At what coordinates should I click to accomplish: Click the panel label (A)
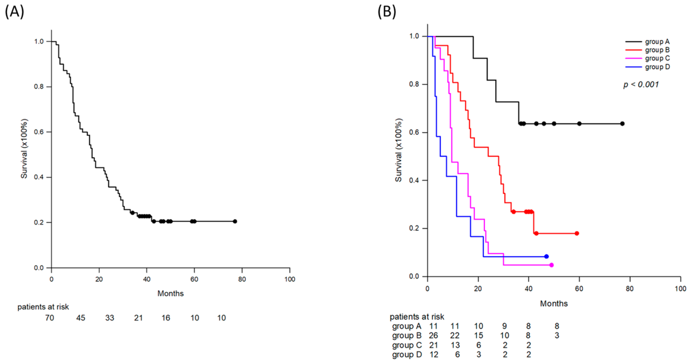[x=14, y=12]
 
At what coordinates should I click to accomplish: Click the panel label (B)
[x=387, y=12]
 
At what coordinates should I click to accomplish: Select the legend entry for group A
[x=647, y=42]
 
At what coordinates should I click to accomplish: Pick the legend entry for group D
[x=647, y=67]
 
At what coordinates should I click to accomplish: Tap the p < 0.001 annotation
[x=641, y=84]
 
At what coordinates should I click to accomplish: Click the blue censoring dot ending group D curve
[x=546, y=256]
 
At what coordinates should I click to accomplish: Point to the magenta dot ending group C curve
[x=551, y=265]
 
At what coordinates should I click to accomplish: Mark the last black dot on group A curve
[x=622, y=124]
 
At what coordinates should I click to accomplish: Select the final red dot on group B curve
[x=577, y=233]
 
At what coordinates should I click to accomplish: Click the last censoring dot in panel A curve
[x=235, y=221]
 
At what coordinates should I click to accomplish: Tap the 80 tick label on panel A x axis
[x=242, y=279]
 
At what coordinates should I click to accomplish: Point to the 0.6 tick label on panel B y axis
[x=414, y=133]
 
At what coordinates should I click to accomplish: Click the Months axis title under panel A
[x=170, y=293]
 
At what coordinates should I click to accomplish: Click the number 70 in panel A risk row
[x=49, y=318]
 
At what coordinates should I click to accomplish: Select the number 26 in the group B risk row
[x=433, y=336]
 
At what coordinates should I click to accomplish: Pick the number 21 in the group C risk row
[x=433, y=345]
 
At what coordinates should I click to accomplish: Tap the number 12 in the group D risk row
[x=434, y=355]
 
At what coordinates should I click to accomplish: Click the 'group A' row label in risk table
[x=407, y=326]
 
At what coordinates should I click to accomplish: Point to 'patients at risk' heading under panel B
[x=417, y=317]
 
